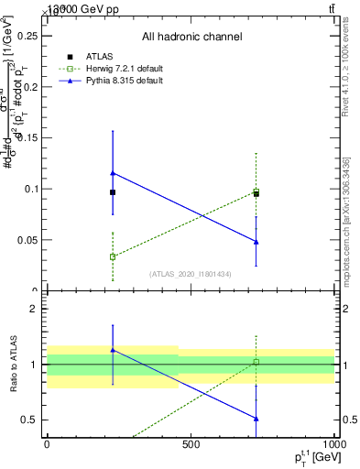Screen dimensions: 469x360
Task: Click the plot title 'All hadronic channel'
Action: [x=191, y=38]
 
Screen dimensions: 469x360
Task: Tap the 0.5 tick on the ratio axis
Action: [x=34, y=420]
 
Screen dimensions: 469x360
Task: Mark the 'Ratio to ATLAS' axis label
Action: [x=13, y=365]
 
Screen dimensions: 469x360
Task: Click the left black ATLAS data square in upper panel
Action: [x=113, y=192]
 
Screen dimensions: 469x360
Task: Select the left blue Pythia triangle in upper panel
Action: [x=113, y=172]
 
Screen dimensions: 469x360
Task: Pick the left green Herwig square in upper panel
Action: [x=113, y=257]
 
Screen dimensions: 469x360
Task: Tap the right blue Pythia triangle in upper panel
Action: [x=256, y=242]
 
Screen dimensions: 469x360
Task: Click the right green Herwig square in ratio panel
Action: [x=256, y=362]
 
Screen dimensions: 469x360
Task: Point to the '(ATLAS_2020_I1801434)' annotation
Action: [x=191, y=274]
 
